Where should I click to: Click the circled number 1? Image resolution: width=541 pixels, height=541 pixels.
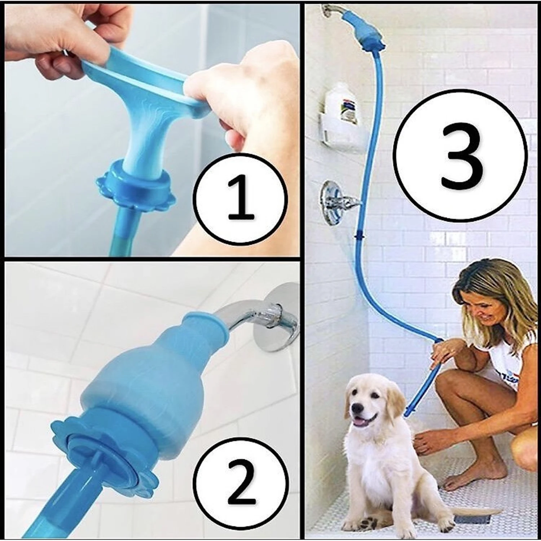click(241, 200)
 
